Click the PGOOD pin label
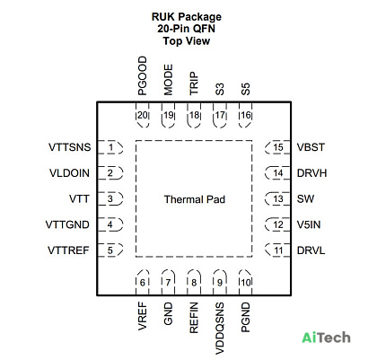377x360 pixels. point(143,75)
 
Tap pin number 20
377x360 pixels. point(143,115)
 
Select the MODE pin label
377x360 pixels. point(169,80)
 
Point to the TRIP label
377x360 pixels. point(194,83)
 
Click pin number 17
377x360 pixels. point(220,115)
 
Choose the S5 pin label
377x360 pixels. point(246,89)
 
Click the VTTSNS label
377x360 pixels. point(70,147)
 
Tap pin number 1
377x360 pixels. point(111,147)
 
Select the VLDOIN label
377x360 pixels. point(69,173)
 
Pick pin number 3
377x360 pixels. point(110,199)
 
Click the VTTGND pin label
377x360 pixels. point(67,224)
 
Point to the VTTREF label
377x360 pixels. point(68,250)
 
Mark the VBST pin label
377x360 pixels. point(311,147)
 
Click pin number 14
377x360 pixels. point(278,173)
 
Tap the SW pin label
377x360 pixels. point(305,198)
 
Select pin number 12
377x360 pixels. point(278,224)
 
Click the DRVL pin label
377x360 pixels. point(311,250)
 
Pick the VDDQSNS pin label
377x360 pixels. point(220,329)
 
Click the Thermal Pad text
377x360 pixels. point(195,199)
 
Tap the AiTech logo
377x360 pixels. point(326,338)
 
